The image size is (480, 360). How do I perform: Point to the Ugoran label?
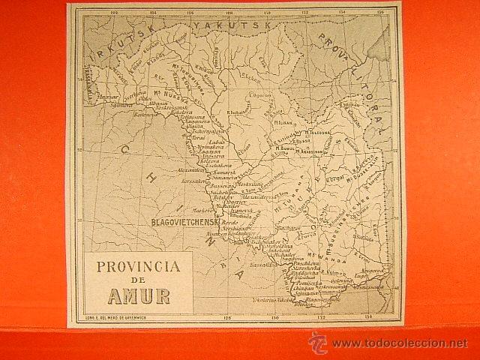point(260,95)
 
